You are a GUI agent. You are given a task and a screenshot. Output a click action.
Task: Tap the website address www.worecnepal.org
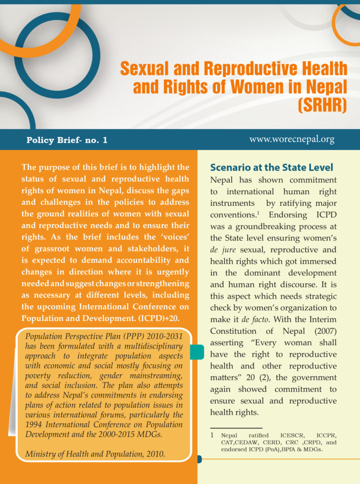point(292,139)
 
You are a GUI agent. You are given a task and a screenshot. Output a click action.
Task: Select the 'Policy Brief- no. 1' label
point(67,140)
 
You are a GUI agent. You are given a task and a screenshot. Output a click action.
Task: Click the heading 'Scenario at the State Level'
point(272,168)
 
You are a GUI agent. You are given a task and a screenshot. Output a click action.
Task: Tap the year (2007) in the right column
point(321,331)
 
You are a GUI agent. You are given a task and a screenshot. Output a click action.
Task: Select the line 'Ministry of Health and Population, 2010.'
point(95,454)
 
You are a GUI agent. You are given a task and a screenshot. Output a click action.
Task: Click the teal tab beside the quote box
point(197,352)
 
